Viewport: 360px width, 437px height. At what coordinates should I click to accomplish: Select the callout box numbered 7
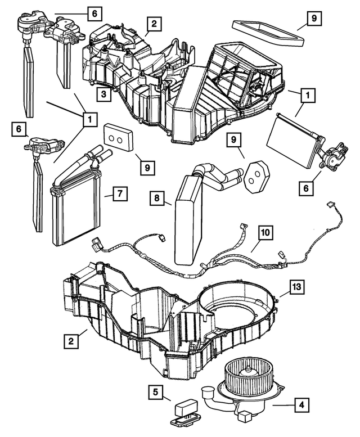tap(119, 193)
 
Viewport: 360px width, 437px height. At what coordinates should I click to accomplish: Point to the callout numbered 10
tap(265, 232)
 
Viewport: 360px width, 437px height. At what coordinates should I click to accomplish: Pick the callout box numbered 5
tap(157, 391)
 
